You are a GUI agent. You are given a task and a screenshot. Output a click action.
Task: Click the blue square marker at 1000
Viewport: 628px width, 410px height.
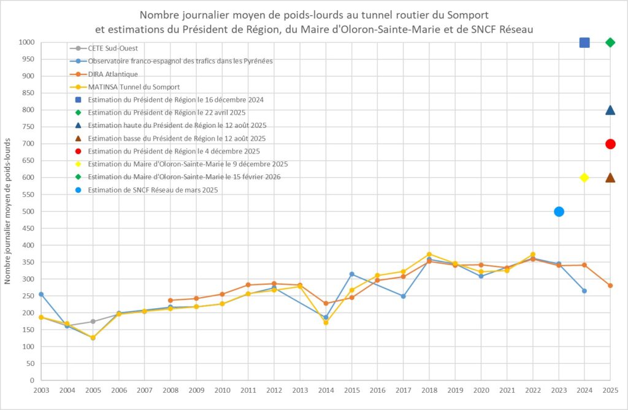[x=584, y=42]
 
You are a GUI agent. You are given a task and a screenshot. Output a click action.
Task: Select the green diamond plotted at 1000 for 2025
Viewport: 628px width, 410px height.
[x=610, y=42]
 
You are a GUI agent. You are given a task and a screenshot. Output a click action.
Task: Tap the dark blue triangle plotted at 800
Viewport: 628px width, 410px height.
[x=610, y=110]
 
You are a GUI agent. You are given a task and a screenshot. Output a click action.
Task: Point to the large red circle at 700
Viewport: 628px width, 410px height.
[x=610, y=144]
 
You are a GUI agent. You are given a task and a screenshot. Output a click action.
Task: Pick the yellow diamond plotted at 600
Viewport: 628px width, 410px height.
[x=584, y=177]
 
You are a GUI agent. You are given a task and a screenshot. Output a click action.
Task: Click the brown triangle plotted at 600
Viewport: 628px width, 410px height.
[x=610, y=178]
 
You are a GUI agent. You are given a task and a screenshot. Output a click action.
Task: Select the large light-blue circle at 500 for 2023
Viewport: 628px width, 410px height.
[x=559, y=212]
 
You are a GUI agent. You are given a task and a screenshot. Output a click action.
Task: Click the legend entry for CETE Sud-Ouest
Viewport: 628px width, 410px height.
[x=113, y=48]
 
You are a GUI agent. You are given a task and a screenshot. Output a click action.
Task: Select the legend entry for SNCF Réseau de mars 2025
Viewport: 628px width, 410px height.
[x=153, y=190]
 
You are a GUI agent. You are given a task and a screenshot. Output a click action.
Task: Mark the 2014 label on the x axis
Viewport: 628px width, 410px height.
[x=326, y=390]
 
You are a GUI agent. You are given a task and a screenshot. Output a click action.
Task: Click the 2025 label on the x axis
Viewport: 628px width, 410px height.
[x=610, y=390]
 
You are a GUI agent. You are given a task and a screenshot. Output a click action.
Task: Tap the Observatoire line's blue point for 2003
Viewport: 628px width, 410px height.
[x=41, y=295]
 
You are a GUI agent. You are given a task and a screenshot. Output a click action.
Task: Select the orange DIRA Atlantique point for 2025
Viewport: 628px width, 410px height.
[x=610, y=285]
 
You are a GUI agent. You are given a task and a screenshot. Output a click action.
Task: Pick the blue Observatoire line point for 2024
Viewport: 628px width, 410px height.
[x=584, y=291]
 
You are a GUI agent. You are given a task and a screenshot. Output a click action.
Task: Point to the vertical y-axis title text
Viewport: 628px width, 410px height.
[x=8, y=211]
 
